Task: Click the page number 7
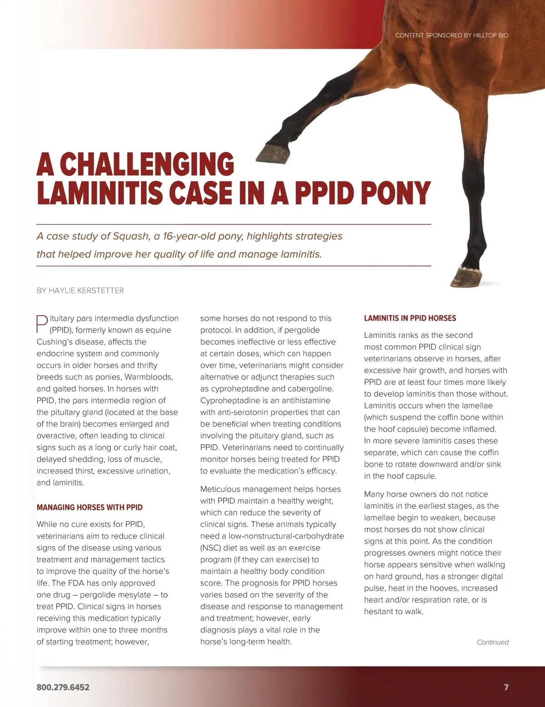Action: click(506, 687)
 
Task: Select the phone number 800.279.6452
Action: click(63, 687)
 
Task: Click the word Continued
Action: click(492, 642)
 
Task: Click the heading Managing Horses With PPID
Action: click(89, 507)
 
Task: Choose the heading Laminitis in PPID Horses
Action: click(410, 318)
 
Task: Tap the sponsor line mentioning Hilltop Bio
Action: click(451, 35)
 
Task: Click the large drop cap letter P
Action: click(42, 324)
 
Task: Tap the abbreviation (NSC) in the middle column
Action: click(211, 548)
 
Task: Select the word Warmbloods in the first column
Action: click(149, 377)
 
